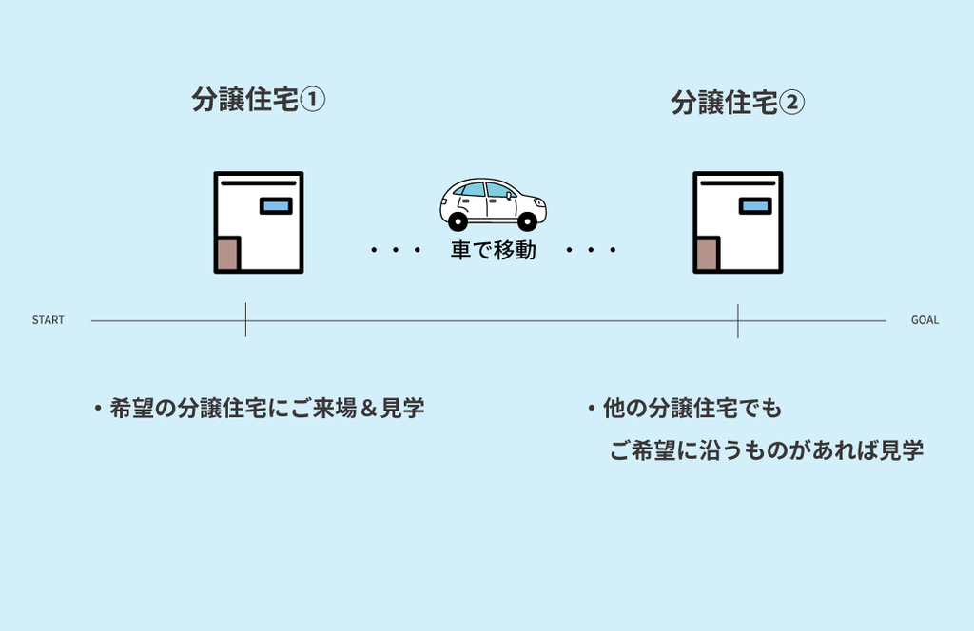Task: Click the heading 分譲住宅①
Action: tap(259, 100)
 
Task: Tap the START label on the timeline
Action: tap(49, 320)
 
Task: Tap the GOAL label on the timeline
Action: tap(925, 320)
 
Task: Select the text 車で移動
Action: tap(493, 251)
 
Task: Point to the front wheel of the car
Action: tap(527, 221)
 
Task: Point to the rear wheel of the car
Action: tap(458, 221)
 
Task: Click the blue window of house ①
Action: tap(276, 206)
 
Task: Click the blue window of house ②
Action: tap(755, 206)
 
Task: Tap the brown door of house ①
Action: tap(227, 254)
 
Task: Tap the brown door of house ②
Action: tap(707, 254)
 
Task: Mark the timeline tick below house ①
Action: tap(245, 320)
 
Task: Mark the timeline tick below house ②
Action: tap(738, 320)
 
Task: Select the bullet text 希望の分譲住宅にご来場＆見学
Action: tap(266, 409)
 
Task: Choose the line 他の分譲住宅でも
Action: tap(692, 409)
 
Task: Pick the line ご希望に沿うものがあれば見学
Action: tap(766, 450)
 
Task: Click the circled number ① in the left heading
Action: tap(313, 100)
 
